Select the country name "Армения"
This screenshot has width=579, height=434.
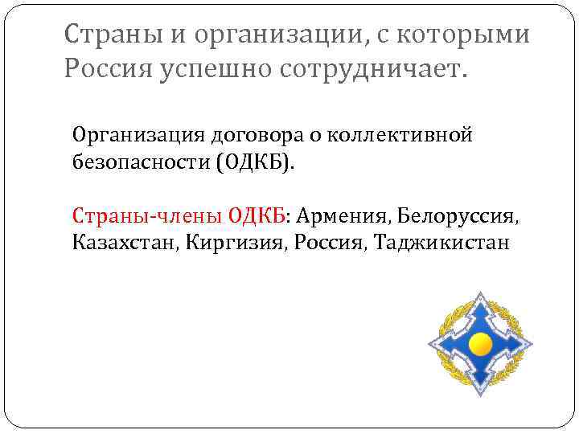[x=343, y=216]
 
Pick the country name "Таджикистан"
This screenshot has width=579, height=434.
[x=441, y=241]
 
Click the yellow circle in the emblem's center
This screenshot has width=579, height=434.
[x=480, y=345]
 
